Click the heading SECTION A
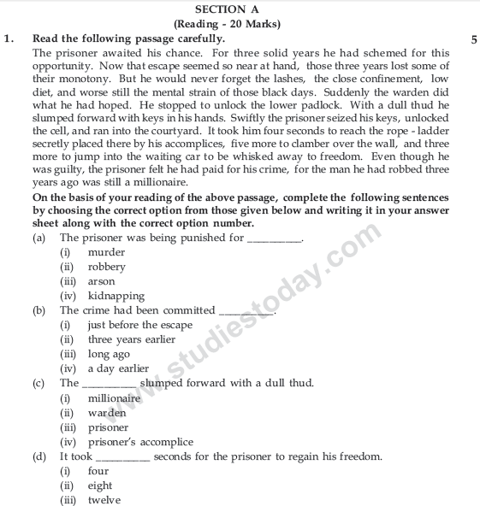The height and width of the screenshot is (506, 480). pos(240,8)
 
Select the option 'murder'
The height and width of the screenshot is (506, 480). pos(106,253)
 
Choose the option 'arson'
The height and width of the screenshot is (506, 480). pos(101,281)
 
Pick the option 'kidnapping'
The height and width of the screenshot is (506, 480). pos(116,296)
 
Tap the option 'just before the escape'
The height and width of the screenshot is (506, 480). pos(139,326)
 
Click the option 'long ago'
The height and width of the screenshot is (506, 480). pos(110,354)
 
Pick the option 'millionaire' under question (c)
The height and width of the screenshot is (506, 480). pos(115,398)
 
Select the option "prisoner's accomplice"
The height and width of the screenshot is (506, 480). pos(140,442)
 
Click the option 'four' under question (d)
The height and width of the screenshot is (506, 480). pos(98,471)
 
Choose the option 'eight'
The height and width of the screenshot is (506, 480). pos(100,485)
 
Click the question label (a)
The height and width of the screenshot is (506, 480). pos(39,238)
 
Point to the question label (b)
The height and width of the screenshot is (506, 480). pos(39,311)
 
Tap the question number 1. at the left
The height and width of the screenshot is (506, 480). pos(9,38)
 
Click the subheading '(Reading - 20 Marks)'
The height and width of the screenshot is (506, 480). pos(240,23)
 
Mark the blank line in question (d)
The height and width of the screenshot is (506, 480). pos(123,458)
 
